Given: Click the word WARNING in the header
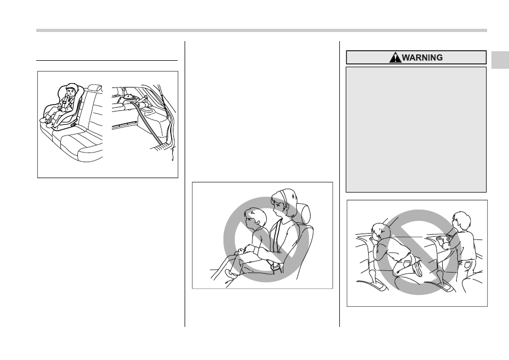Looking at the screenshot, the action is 422,58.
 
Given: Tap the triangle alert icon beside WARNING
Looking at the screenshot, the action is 395,58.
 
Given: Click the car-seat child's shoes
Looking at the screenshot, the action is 48,122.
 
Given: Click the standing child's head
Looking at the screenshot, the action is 461,220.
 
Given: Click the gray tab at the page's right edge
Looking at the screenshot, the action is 500,60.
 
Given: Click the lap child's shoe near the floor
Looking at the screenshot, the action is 231,274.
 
